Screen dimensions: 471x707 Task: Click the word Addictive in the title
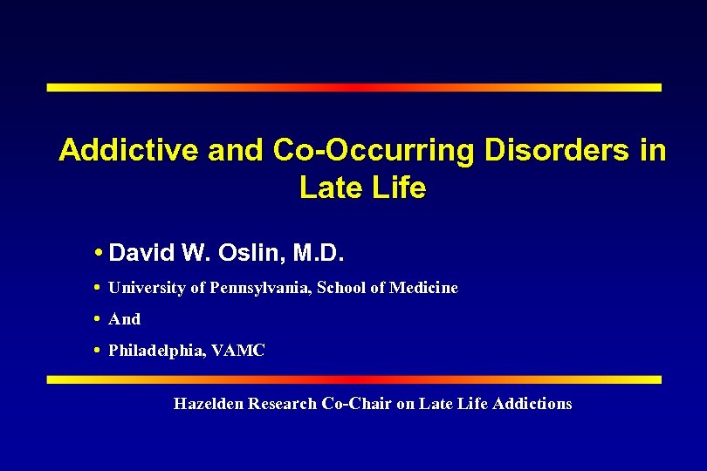click(x=129, y=151)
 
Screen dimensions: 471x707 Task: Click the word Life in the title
click(x=397, y=188)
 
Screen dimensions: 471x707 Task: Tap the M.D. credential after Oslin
click(x=319, y=255)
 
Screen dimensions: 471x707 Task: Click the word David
click(x=142, y=255)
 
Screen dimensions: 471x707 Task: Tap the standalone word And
click(x=124, y=319)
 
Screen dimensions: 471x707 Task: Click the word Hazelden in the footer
click(x=209, y=404)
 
